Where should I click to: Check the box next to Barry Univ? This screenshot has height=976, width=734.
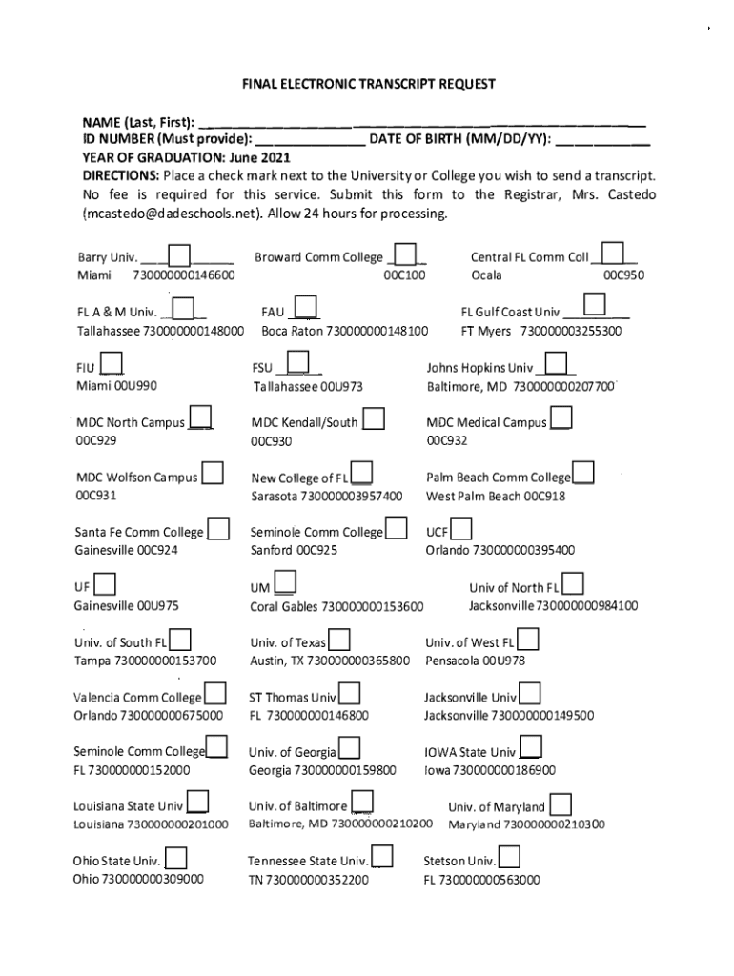point(179,256)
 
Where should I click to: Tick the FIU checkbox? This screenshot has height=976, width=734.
point(112,365)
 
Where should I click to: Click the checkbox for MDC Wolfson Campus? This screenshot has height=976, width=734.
point(213,474)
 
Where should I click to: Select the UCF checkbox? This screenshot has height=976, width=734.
point(461,529)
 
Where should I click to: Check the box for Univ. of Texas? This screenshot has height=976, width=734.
point(338,640)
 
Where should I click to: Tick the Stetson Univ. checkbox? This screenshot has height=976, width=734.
point(509,858)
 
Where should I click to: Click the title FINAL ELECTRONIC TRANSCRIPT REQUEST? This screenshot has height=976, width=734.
point(368,84)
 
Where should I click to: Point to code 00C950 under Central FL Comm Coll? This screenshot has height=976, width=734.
point(623,276)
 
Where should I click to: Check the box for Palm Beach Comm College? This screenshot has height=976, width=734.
point(583,474)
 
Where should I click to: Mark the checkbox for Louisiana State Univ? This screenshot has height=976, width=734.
point(198,803)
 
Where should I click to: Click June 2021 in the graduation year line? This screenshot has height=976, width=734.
point(259,158)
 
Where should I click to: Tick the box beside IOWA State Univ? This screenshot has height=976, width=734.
point(531,749)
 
